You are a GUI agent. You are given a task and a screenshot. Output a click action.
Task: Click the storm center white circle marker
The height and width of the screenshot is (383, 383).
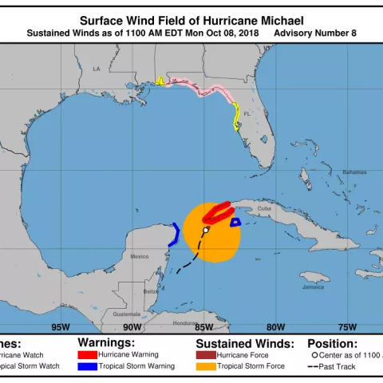206,230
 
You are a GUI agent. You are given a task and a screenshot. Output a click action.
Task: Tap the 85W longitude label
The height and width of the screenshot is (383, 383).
203,327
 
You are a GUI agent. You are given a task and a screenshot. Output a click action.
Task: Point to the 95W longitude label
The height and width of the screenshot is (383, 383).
60,327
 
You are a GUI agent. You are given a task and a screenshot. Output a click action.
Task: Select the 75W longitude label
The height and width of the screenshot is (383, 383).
347,327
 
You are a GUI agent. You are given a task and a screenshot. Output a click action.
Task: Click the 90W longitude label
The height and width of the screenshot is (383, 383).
132,327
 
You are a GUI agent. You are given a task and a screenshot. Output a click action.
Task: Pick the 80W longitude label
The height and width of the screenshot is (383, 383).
275,327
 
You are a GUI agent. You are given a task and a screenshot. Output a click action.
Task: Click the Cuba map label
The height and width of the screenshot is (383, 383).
265,209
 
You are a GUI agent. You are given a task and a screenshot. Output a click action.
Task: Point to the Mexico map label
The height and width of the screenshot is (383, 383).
140,256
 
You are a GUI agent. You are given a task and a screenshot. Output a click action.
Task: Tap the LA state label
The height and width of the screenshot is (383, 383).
97,69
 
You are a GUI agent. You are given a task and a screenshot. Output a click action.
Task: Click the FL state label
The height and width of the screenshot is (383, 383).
247,113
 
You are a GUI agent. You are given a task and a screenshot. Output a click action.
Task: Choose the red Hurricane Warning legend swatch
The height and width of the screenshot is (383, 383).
88,353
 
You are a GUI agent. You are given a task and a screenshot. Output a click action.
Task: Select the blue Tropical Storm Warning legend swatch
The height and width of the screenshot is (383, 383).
88,366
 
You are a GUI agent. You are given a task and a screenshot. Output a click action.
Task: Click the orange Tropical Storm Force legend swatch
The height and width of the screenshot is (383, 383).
206,366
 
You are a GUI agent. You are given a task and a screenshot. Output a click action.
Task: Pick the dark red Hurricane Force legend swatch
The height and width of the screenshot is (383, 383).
206,353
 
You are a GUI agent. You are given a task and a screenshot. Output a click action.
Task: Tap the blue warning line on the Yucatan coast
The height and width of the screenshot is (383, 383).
176,233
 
